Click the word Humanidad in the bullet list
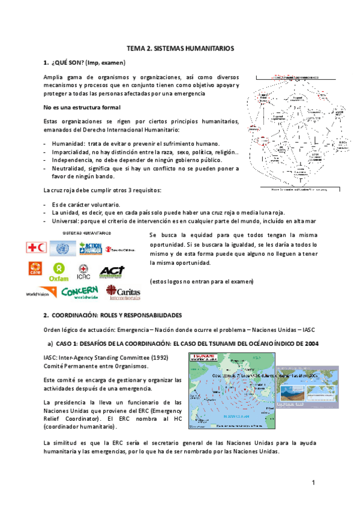click(x=67, y=143)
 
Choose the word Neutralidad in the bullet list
click(x=70, y=169)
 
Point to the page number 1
click(x=313, y=483)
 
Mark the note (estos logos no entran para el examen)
click(x=201, y=282)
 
